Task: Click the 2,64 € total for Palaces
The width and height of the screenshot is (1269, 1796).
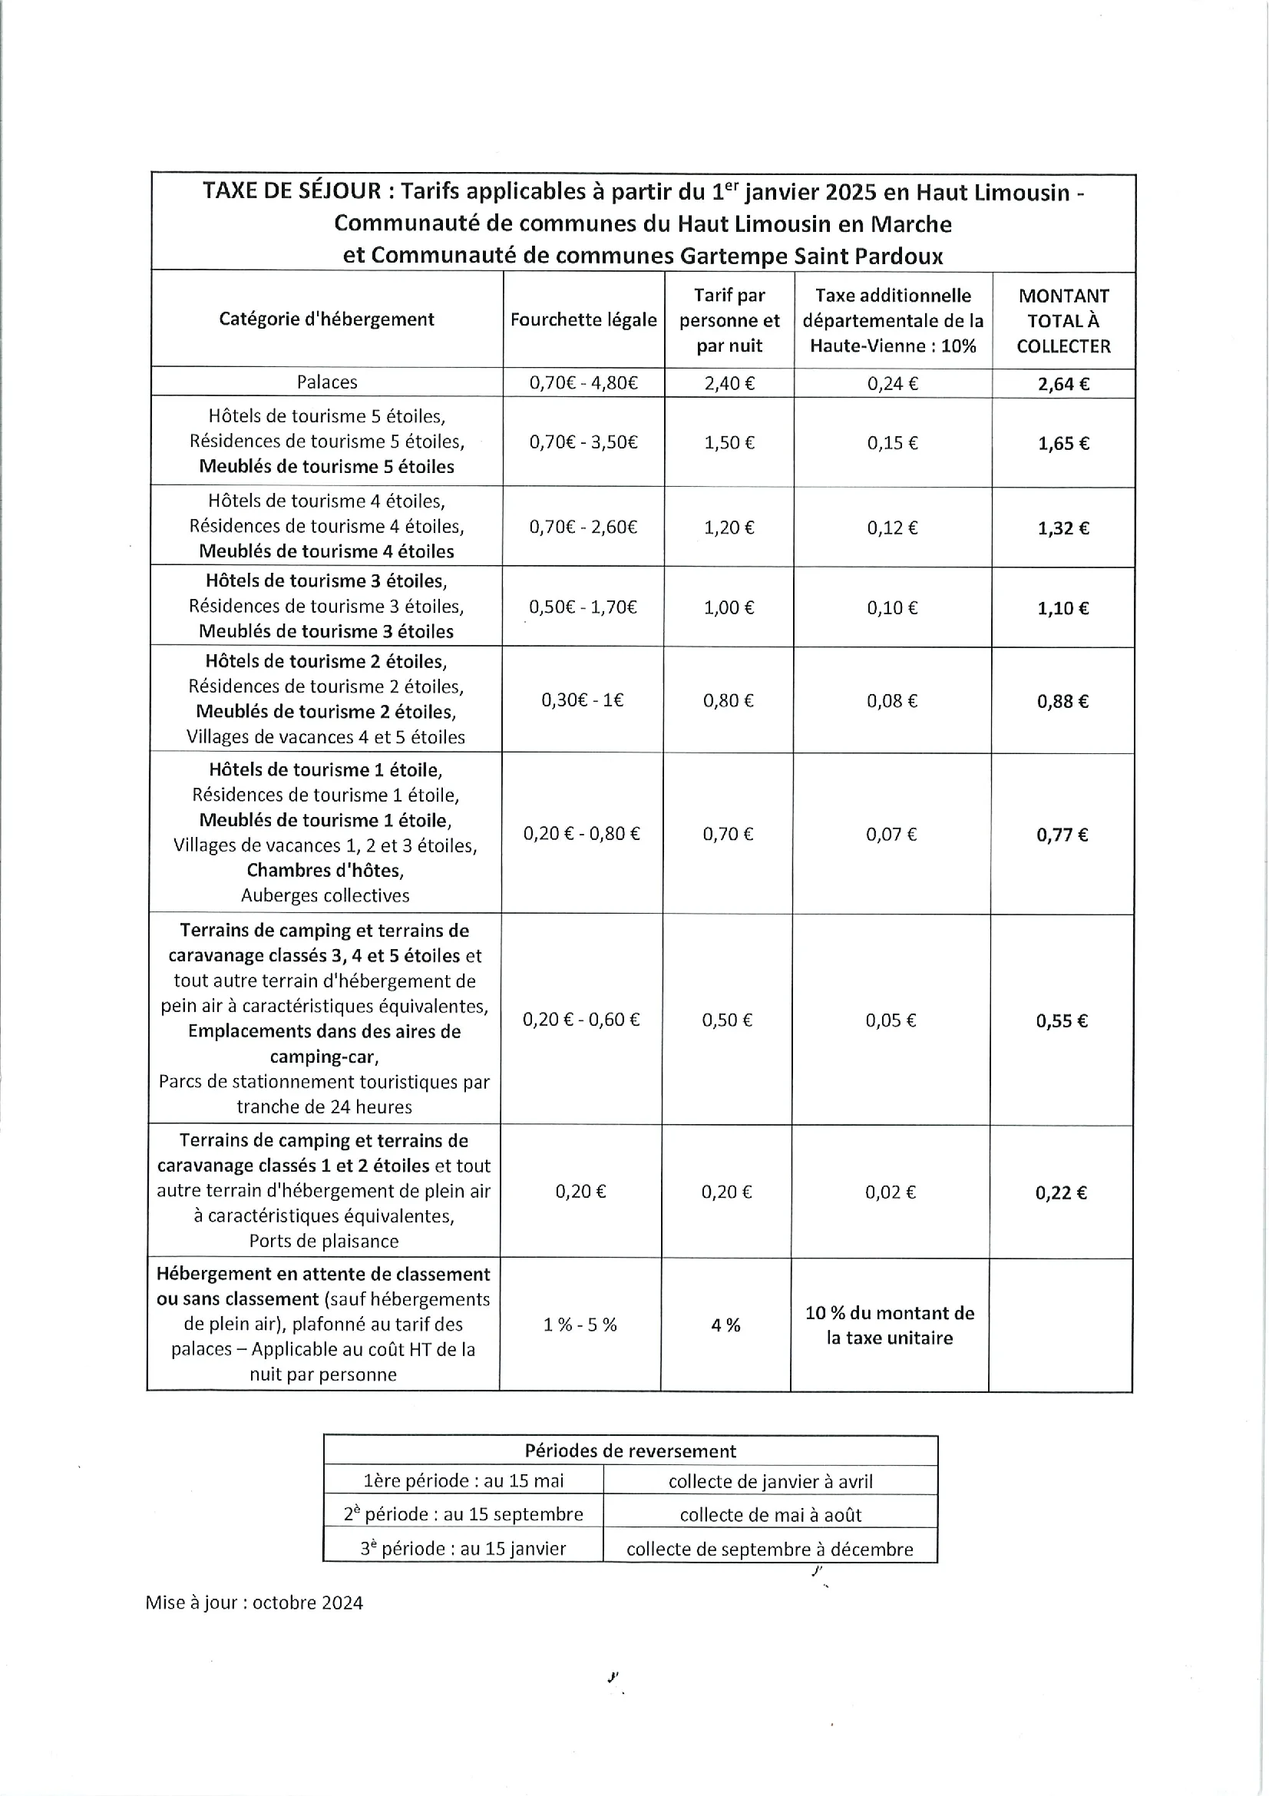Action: coord(1062,384)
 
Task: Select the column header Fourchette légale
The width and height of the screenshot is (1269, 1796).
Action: coord(583,320)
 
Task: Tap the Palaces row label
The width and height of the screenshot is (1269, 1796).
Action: coord(327,382)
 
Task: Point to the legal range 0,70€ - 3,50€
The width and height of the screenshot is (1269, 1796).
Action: coord(583,443)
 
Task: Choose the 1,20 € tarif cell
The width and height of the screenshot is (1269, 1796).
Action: coord(729,528)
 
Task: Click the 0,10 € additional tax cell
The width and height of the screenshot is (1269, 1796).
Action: coord(892,609)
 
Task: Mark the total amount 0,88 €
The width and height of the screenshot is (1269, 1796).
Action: coord(1062,702)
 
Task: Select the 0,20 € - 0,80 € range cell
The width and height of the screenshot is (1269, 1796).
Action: coord(581,834)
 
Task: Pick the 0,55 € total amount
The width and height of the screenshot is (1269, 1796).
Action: coord(1062,1020)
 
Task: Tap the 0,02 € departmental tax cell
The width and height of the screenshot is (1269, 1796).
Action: coord(890,1192)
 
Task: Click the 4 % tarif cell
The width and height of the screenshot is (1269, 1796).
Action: coord(725,1325)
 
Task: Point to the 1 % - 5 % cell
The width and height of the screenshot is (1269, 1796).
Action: coord(580,1325)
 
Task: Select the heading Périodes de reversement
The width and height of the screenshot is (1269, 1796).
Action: coord(630,1451)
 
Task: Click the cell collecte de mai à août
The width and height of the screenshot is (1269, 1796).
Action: coord(770,1515)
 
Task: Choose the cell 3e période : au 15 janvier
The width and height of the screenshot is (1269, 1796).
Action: coord(463,1549)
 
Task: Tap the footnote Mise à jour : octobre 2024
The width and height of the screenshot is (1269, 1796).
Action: coord(254,1603)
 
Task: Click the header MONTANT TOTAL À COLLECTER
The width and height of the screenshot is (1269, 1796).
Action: coord(1063,321)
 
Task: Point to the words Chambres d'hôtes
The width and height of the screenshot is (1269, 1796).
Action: coord(326,871)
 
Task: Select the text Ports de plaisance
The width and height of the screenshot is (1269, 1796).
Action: coord(324,1242)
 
